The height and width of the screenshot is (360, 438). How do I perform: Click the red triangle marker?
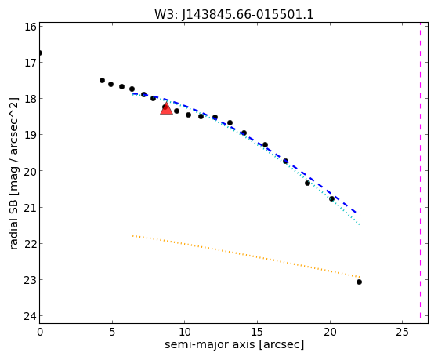click(x=166, y=109)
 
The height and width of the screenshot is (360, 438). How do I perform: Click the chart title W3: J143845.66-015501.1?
click(x=234, y=14)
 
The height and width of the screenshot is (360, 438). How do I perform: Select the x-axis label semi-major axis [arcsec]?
click(x=234, y=344)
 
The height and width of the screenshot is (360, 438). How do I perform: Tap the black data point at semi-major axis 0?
click(x=40, y=53)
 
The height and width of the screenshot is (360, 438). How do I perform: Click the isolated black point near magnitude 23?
click(x=359, y=282)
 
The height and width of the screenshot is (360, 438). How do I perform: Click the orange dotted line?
click(x=246, y=256)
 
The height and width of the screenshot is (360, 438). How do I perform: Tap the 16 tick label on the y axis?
click(x=31, y=27)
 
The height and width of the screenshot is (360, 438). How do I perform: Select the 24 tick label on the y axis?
click(x=31, y=316)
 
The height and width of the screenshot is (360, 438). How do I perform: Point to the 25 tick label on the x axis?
click(x=402, y=333)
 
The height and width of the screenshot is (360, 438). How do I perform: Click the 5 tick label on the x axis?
click(x=112, y=333)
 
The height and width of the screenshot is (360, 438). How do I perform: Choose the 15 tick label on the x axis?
click(x=257, y=333)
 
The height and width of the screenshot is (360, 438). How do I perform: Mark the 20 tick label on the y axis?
click(x=31, y=171)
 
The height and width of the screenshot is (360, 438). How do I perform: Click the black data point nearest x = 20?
click(x=331, y=198)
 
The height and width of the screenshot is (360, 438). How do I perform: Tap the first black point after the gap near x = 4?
click(x=102, y=80)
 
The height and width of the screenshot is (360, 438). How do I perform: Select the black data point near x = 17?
click(x=285, y=161)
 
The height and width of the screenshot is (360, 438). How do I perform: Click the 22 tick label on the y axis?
click(x=31, y=244)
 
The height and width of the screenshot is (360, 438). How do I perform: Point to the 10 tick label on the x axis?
click(x=184, y=333)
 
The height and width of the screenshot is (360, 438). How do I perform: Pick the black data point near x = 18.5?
click(x=308, y=183)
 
